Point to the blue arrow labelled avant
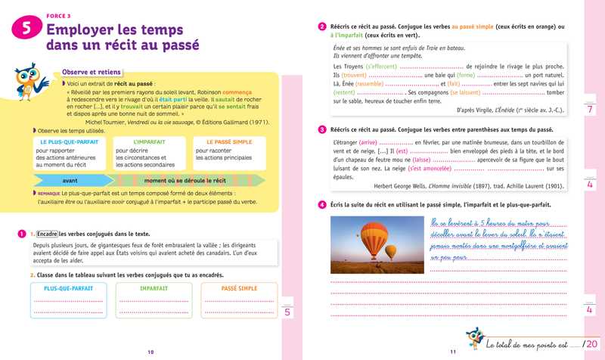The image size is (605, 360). click(x=70, y=181)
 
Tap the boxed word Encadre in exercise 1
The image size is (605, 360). click(x=47, y=234)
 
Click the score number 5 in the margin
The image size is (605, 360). click(x=287, y=312)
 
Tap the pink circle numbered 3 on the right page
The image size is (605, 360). click(x=322, y=131)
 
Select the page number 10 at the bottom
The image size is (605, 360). click(x=150, y=352)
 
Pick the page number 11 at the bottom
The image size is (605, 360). click(x=453, y=352)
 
